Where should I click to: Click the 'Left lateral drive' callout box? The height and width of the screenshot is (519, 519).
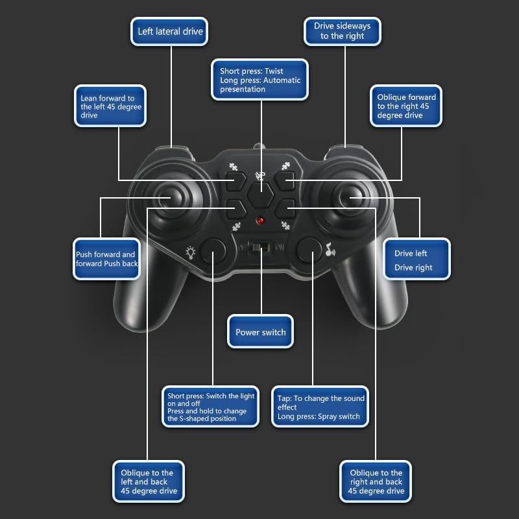coord(169,31)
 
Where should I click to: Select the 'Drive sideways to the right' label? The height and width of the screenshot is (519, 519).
coord(343,31)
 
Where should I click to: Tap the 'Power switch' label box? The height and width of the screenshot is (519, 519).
coord(261,332)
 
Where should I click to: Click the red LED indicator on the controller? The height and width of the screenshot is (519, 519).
coord(261,221)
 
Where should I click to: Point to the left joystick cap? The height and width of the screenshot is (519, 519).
coord(165,199)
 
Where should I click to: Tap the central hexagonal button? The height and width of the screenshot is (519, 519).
coord(261,195)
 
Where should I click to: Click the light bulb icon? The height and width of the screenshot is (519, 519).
coord(190,252)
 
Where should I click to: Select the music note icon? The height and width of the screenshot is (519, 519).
coord(330,250)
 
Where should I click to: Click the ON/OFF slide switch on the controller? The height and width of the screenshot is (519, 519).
coord(261,247)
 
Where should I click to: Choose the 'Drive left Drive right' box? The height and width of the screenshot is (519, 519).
coord(416,259)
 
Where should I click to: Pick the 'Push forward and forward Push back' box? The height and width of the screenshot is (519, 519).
coord(106,259)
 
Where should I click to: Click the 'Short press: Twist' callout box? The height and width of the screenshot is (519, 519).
coord(260,80)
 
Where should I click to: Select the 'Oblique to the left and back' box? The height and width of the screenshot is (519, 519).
coord(149,481)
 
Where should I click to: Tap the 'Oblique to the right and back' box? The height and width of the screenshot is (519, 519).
coord(376,481)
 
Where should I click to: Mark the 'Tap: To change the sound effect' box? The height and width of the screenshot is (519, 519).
coord(320,407)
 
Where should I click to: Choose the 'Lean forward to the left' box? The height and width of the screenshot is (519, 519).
coord(110,106)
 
